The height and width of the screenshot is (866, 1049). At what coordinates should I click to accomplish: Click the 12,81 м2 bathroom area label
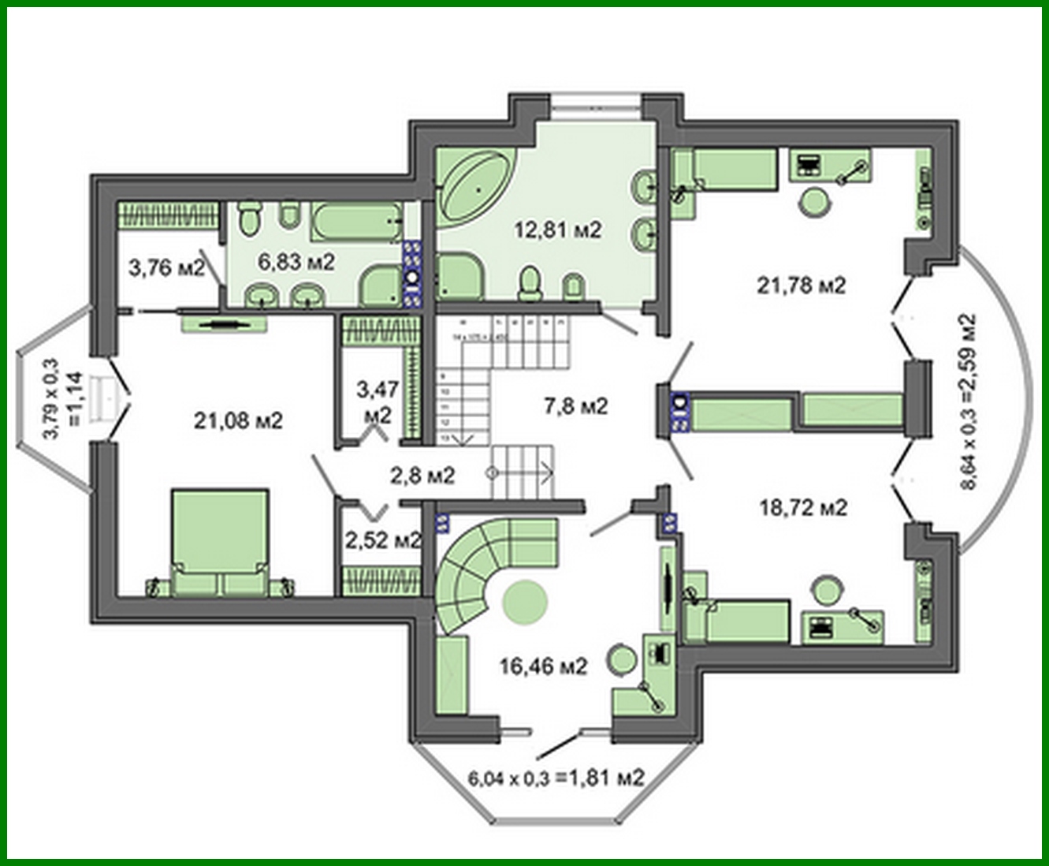click(557, 230)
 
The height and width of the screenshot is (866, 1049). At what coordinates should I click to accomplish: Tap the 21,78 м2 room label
click(801, 285)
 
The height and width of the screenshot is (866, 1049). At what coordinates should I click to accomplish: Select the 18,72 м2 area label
click(802, 508)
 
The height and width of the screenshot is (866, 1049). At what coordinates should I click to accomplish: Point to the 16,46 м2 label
click(544, 666)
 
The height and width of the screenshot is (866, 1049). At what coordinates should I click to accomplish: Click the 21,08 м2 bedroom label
click(238, 421)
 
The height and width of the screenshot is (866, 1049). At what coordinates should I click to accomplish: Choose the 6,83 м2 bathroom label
click(296, 261)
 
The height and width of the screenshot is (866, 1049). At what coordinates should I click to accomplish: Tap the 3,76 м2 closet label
click(166, 268)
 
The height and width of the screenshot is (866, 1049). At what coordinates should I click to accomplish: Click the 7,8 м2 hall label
click(576, 406)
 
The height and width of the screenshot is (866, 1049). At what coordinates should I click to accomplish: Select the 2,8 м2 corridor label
click(422, 475)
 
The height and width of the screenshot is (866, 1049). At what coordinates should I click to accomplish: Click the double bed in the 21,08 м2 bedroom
click(220, 541)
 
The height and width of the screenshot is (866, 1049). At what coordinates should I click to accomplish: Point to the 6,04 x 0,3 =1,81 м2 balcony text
click(556, 778)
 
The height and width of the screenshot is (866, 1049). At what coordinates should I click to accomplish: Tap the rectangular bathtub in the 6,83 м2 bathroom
click(355, 223)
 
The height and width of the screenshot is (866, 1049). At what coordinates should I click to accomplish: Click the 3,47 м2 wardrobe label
click(378, 401)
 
